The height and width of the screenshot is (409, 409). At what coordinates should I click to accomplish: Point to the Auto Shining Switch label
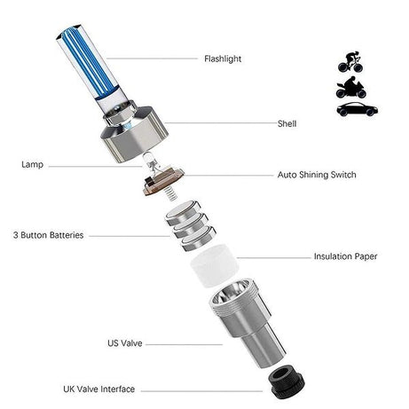coord(316,175)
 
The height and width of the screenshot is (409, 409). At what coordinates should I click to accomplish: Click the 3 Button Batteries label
coord(49,235)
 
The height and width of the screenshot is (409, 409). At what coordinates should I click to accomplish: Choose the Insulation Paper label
coord(345,256)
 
